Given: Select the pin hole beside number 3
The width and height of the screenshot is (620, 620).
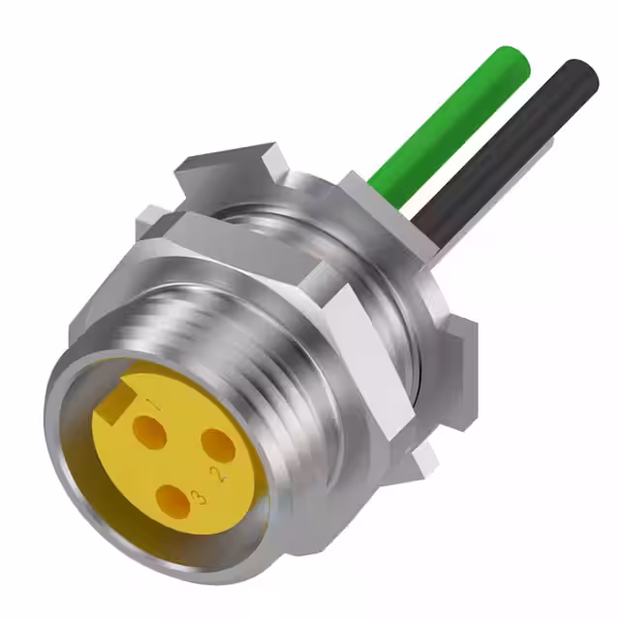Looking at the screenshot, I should click(x=170, y=501).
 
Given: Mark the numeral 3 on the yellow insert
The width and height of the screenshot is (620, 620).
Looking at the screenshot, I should click(x=198, y=497).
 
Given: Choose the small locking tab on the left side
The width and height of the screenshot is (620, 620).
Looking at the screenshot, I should click(x=150, y=223).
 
